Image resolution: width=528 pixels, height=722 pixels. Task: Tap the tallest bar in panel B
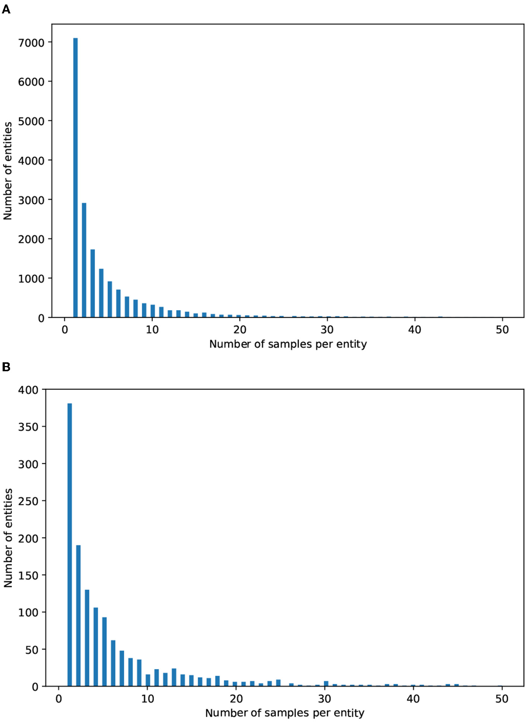pyautogui.click(x=70, y=545)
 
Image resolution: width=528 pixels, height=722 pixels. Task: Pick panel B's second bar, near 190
pyautogui.click(x=78, y=615)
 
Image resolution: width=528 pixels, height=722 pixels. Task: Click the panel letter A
pyautogui.click(x=6, y=9)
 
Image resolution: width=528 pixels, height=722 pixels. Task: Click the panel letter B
pyautogui.click(x=6, y=367)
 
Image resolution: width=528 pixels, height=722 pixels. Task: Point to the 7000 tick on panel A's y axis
pyautogui.click(x=31, y=43)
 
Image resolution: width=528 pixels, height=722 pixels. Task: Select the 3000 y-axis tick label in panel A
pyautogui.click(x=31, y=200)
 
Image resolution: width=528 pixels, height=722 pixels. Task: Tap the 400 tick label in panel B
pyautogui.click(x=28, y=390)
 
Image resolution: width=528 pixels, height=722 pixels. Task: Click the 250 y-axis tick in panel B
pyautogui.click(x=28, y=501)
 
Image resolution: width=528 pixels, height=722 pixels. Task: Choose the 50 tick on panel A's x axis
pyautogui.click(x=502, y=330)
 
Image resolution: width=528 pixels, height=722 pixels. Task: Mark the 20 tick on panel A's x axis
pyautogui.click(x=240, y=330)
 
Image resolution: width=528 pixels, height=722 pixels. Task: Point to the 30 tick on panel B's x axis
pyautogui.click(x=325, y=699)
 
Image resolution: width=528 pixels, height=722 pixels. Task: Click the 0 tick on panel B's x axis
pyautogui.click(x=59, y=699)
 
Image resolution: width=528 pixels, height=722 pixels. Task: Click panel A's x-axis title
pyautogui.click(x=288, y=344)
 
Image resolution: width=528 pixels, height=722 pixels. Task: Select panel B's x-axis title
pyautogui.click(x=284, y=713)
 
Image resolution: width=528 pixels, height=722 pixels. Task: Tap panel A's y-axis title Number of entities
pyautogui.click(x=8, y=171)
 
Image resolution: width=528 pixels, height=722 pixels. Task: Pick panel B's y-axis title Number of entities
pyautogui.click(x=8, y=538)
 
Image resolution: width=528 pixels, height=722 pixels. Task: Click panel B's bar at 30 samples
pyautogui.click(x=326, y=684)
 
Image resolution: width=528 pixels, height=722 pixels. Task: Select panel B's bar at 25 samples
pyautogui.click(x=278, y=682)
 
